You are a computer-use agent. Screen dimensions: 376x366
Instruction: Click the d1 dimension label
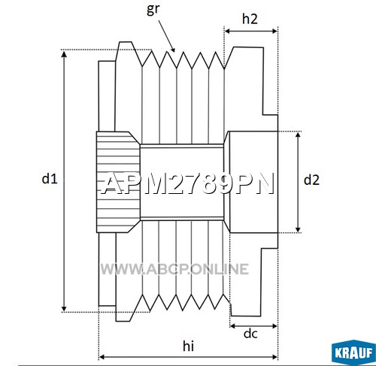tap(50, 179)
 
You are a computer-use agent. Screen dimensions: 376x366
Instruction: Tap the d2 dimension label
tap(311, 180)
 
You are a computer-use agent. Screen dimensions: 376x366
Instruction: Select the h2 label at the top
tap(250, 19)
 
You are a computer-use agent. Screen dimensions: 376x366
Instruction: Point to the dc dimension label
tap(250, 334)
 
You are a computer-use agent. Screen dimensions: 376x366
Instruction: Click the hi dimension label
tap(188, 346)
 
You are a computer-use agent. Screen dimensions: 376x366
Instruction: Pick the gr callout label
tap(153, 9)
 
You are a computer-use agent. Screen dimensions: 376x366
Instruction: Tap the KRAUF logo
tap(353, 352)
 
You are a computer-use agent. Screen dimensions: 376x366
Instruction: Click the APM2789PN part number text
tap(187, 183)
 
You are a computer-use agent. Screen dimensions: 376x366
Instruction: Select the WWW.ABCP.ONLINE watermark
tap(174, 269)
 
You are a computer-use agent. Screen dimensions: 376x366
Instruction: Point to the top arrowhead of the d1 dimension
tap(64, 53)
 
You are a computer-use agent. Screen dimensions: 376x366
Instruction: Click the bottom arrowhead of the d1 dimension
tap(64, 308)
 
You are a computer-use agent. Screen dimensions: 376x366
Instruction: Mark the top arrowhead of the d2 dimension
tap(298, 135)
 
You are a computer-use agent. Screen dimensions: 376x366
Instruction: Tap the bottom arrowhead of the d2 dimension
tap(298, 229)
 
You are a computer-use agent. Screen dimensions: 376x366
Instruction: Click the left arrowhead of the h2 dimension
tap(228, 31)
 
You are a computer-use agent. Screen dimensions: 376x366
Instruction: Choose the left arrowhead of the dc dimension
tap(233, 326)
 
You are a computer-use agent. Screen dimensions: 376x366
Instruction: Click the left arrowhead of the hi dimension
tap(102, 357)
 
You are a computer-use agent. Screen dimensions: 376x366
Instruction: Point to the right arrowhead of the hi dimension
tap(274, 357)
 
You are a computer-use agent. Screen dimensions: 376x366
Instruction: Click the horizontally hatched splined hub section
tap(117, 182)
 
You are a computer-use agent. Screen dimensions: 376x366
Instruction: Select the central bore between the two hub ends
tap(182, 182)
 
